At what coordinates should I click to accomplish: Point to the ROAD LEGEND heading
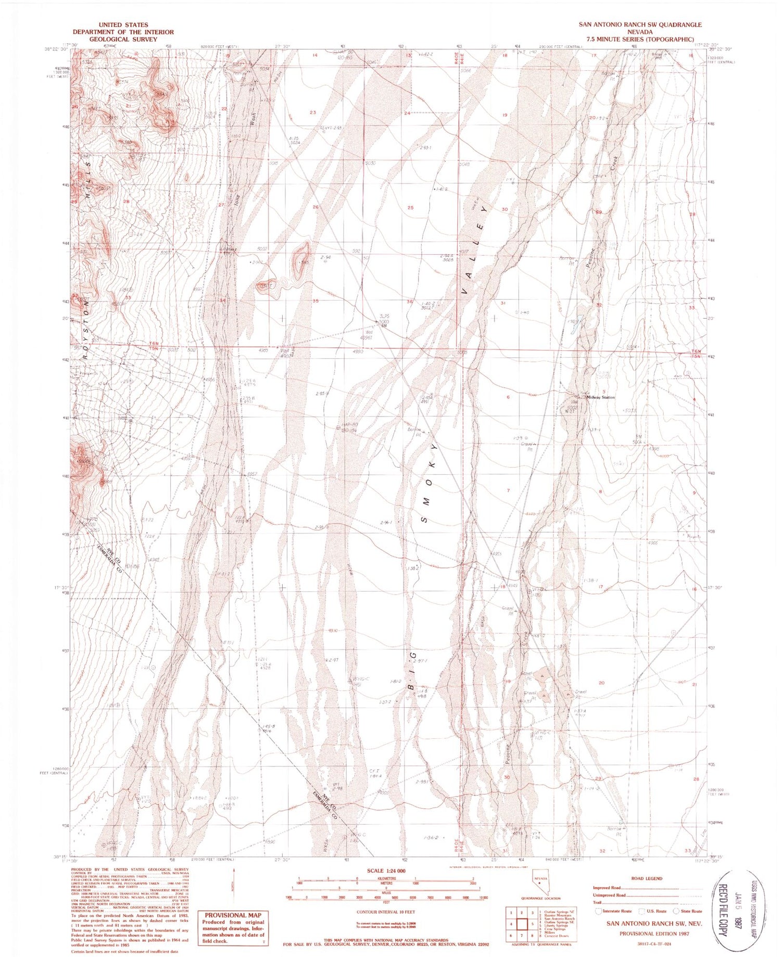coord(647,878)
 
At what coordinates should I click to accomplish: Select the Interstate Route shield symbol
coord(599,911)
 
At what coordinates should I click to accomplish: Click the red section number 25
coord(410,208)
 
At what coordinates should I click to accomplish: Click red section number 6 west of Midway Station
coord(508,397)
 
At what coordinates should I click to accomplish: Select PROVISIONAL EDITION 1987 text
coord(654,934)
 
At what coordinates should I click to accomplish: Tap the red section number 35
coord(316,301)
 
